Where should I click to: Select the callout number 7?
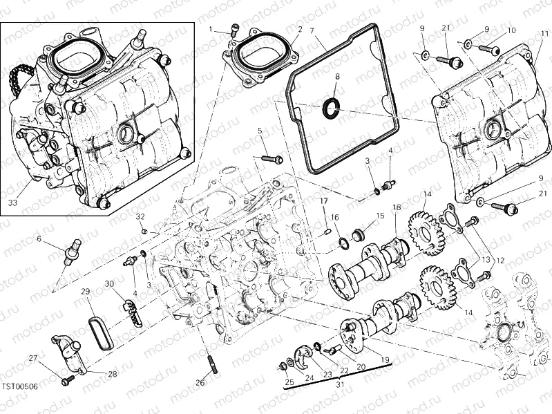click(312, 30)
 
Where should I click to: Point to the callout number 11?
click(545, 32)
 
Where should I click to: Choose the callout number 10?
click(512, 31)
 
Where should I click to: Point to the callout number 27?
click(32, 357)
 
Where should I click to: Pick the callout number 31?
click(339, 385)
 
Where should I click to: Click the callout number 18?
click(397, 207)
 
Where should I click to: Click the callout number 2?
click(300, 29)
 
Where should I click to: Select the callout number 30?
click(109, 284)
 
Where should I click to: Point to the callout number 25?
click(289, 381)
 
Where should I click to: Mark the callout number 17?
click(323, 201)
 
